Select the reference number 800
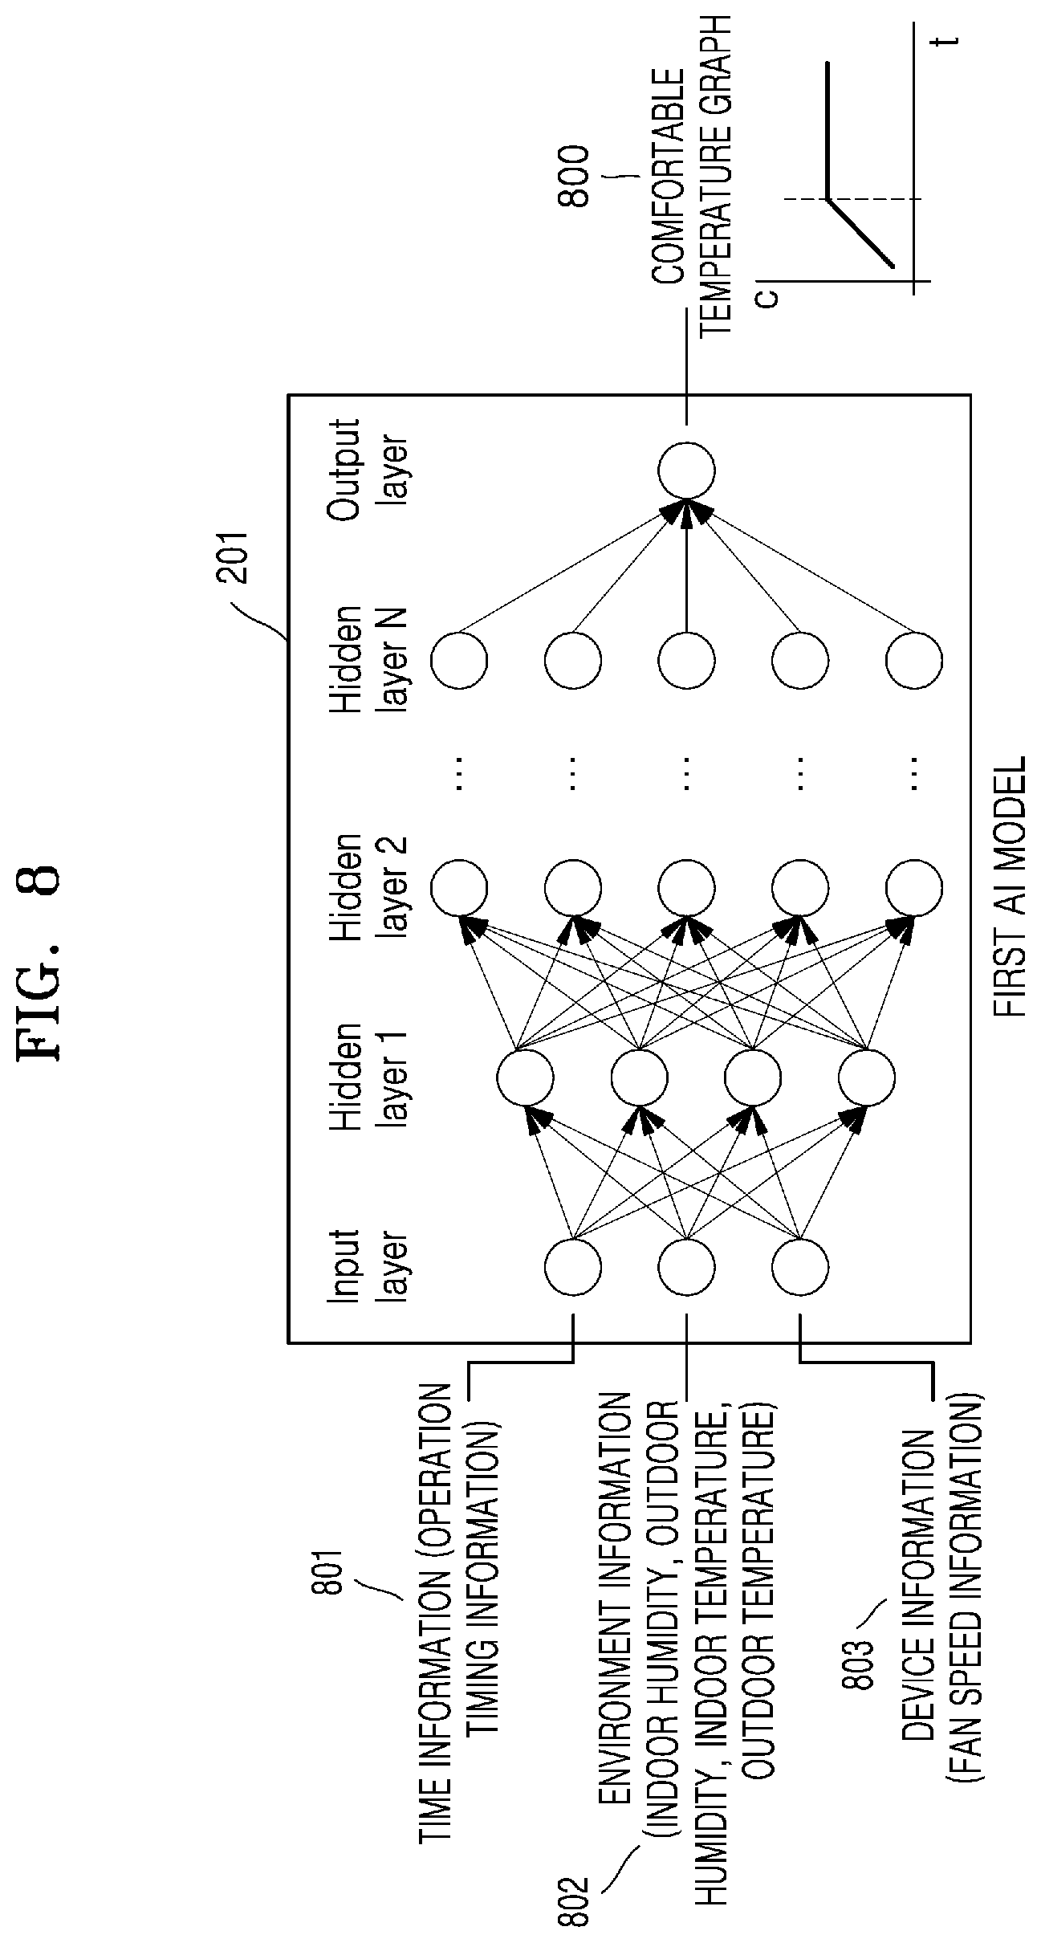coord(575,177)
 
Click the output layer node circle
coord(686,470)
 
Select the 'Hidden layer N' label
coord(369,661)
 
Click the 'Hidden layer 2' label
coord(369,887)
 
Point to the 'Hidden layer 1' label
coord(369,1077)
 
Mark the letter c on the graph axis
coord(767,298)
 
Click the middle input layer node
coord(686,1267)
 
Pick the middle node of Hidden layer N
coord(686,661)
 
